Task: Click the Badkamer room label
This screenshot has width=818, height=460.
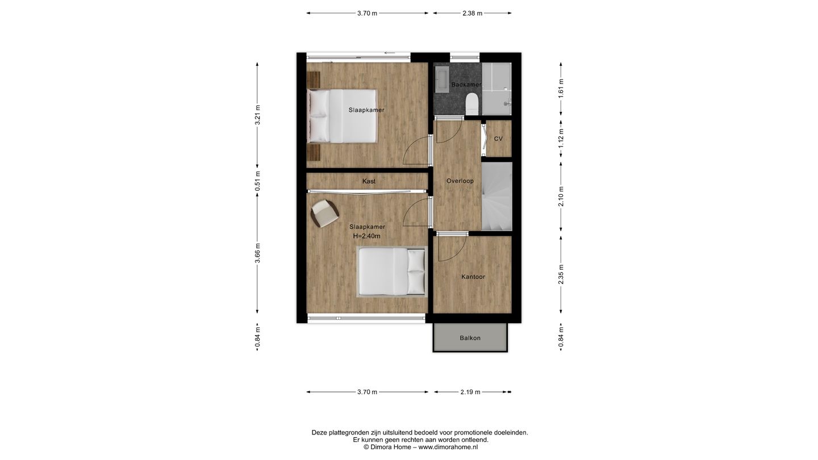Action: click(466, 85)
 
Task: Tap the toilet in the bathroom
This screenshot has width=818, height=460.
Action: click(471, 104)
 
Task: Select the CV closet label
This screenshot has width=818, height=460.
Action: click(498, 139)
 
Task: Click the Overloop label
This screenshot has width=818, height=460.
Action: click(460, 181)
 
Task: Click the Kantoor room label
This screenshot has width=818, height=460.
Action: click(473, 277)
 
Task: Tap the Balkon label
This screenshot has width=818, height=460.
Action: click(470, 338)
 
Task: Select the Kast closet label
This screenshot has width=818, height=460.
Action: click(369, 181)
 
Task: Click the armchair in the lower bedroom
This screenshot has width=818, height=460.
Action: click(324, 213)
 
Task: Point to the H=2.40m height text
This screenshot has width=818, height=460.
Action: click(366, 236)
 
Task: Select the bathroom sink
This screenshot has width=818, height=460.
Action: click(441, 79)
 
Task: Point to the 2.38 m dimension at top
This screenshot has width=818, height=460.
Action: click(471, 13)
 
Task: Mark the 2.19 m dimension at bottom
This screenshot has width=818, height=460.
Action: click(470, 392)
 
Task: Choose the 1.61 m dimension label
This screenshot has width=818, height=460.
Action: click(561, 89)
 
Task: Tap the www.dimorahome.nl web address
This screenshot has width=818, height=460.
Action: click(448, 447)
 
